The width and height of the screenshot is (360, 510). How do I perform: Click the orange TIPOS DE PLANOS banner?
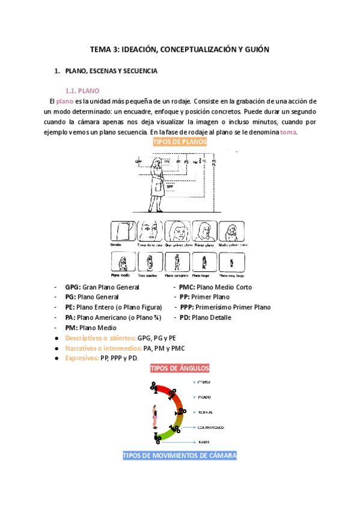(180, 142)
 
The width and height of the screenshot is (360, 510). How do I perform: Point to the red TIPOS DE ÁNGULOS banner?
(180, 368)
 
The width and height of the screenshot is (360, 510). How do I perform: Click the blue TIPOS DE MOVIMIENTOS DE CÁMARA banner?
(180, 455)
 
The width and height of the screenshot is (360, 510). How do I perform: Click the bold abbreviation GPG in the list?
(72, 287)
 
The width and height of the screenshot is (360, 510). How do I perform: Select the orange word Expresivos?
(82, 358)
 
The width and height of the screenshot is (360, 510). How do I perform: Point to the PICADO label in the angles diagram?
(204, 397)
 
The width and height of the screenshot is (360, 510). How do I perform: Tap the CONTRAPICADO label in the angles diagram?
(211, 427)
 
